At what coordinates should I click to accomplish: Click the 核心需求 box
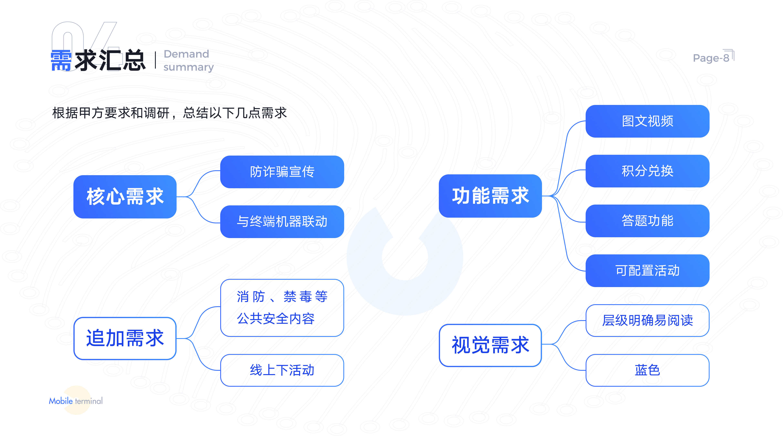point(125,197)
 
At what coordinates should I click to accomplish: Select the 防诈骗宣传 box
point(282,172)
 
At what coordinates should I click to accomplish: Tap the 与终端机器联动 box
point(282,222)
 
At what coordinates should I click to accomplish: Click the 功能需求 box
point(490,196)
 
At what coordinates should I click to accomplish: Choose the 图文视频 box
point(647,121)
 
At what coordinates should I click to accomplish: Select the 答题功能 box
point(647,221)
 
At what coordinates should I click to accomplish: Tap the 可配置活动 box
point(647,271)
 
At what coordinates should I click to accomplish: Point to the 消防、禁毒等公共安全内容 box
point(282,308)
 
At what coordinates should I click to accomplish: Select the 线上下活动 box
point(282,370)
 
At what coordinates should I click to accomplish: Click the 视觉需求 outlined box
point(490,345)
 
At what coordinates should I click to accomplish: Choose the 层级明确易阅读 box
point(647,321)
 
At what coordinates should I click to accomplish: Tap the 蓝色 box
point(647,370)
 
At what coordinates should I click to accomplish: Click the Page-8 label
point(711,58)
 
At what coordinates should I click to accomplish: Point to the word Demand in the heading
point(186,54)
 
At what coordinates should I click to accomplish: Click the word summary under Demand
point(188,67)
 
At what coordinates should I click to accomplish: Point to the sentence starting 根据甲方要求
point(169,113)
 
